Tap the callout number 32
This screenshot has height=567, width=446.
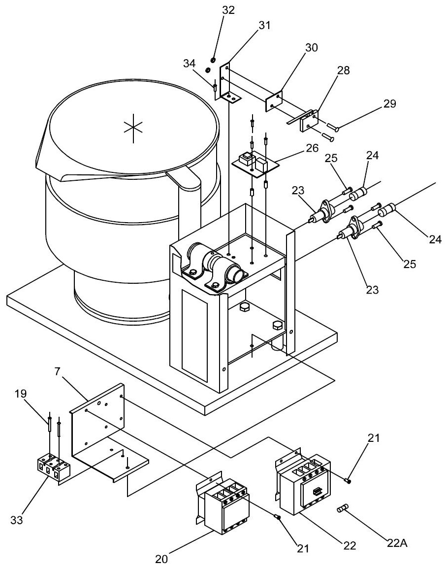click(215, 9)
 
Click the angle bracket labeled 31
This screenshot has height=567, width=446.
click(227, 84)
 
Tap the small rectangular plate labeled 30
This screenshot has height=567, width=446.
click(273, 101)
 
